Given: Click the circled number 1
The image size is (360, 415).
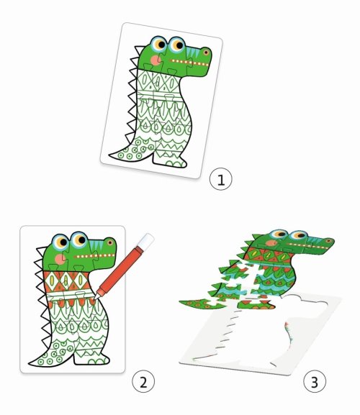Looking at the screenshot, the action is tap(220, 179).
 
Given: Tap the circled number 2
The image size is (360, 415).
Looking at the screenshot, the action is tap(143, 381).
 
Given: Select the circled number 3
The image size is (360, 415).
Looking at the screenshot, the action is tap(315, 381).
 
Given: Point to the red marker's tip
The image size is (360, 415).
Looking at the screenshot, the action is tap(96, 298).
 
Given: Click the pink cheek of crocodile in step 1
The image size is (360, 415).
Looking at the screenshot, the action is tap(156, 60).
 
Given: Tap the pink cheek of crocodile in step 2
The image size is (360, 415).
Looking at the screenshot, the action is tap(60, 259).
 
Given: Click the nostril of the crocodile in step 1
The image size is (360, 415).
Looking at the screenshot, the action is tap(206, 53).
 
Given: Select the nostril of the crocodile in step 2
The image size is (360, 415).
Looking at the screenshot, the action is tap(110, 242).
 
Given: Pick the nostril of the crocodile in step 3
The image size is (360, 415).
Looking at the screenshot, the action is tap(329, 241).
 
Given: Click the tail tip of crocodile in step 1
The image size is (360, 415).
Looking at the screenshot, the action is tap(109, 155).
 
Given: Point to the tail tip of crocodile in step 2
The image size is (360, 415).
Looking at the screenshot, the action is tap(30, 364).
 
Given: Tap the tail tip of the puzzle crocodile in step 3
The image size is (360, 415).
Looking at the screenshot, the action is tap(181, 301).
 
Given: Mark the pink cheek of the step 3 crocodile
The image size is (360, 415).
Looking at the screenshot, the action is tap(271, 242).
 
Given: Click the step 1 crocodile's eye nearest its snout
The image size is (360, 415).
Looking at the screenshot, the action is tap(177, 45).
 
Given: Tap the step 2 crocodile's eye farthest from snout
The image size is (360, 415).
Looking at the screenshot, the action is tap(60, 242).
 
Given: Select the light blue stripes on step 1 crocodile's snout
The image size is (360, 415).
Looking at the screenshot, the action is tap(192, 55).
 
